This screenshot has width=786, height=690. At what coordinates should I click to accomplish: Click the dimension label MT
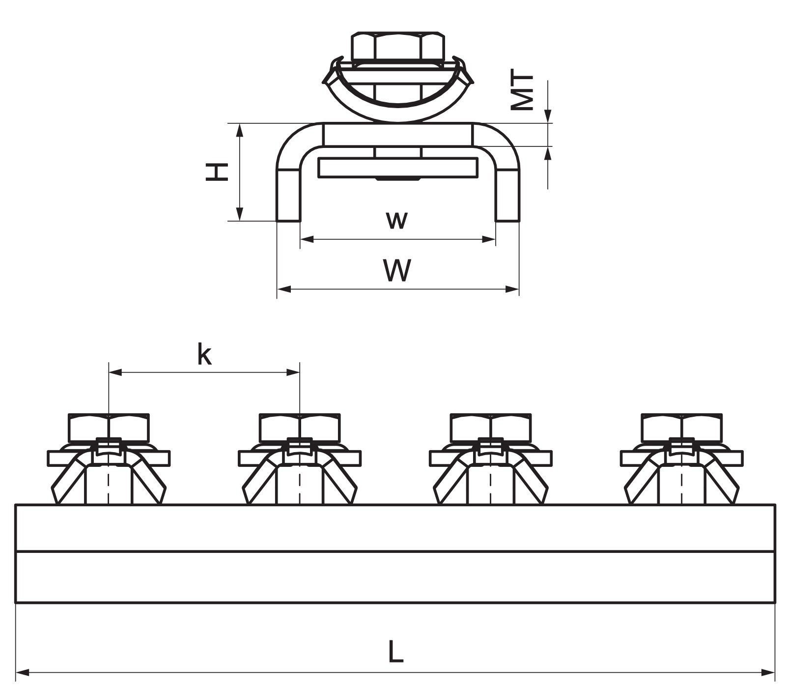pos(522,92)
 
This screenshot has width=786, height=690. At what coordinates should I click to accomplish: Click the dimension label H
pos(217,172)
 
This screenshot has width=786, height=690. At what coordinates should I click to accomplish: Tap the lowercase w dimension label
pos(397,220)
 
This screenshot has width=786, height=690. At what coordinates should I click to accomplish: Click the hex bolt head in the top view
pos(398,46)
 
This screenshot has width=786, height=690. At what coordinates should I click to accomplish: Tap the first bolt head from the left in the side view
pos(108,427)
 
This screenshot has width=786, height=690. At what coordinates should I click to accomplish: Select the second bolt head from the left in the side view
pos(300,427)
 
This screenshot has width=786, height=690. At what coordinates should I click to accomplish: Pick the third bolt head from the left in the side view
pos(491,427)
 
